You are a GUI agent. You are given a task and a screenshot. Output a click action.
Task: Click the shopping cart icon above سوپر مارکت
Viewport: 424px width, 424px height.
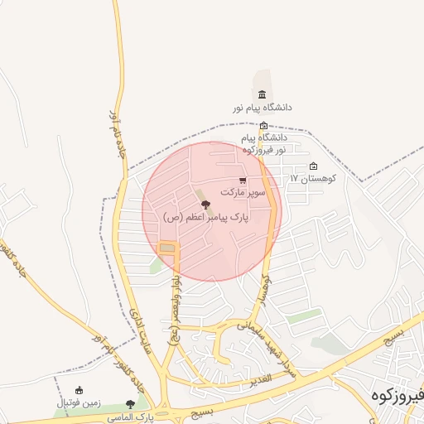[x=242, y=180]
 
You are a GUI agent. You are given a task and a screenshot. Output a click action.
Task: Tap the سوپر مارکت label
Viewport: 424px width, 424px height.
[x=243, y=191]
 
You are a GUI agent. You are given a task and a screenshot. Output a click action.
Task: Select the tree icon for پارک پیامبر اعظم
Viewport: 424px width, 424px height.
[x=205, y=204]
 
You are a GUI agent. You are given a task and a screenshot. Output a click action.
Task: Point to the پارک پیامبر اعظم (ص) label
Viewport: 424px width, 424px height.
[x=205, y=217]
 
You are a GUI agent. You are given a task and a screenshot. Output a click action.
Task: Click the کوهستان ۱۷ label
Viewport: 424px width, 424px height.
[x=311, y=178]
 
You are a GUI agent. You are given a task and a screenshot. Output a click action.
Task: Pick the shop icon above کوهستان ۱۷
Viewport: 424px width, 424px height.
[x=312, y=166]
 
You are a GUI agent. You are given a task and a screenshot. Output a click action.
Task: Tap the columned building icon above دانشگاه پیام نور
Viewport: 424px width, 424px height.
[x=263, y=94]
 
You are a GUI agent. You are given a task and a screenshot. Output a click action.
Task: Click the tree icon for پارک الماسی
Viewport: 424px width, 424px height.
[x=130, y=404]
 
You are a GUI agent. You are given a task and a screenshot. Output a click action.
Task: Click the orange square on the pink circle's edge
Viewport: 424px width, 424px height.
[x=168, y=248]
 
